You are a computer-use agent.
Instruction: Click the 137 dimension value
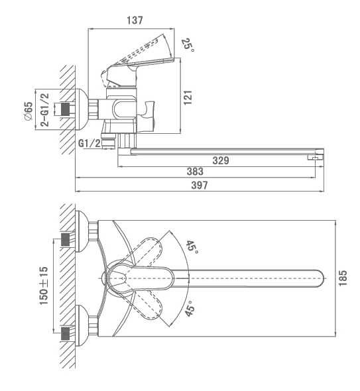coord(135,20)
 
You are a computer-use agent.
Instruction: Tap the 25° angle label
coord(188,45)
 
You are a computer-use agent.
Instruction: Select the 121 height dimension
coord(188,97)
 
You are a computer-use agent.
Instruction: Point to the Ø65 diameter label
coord(29,111)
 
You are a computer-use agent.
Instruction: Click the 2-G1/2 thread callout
coord(45,110)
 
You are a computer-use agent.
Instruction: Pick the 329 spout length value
coord(221,160)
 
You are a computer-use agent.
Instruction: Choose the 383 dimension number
coord(195,172)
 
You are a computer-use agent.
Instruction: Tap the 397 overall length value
coord(200,186)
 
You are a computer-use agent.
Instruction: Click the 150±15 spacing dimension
coord(44,286)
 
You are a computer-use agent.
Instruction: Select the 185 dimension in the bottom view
coord(343,278)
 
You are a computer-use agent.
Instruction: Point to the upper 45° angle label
coord(192,247)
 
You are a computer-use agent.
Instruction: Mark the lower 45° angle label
coord(190,308)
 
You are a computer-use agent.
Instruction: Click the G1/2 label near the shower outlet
coord(90,143)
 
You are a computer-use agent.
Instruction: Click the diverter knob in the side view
coord(147,117)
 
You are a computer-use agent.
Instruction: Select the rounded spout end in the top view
coord(320,278)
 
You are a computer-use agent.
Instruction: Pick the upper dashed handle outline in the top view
coord(147,251)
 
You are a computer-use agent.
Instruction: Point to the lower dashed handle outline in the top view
coord(147,305)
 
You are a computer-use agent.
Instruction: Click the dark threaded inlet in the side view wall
coord(66,109)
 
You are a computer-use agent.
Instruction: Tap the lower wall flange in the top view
coord(82,325)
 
